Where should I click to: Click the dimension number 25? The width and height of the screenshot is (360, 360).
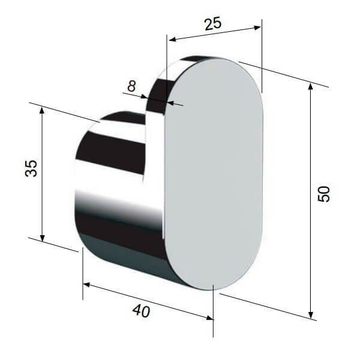click(x=213, y=23)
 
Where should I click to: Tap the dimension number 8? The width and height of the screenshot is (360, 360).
click(x=131, y=86)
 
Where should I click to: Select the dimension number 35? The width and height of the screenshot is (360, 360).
click(x=31, y=168)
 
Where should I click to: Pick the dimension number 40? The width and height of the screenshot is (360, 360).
click(x=141, y=311)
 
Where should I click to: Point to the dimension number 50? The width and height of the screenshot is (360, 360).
click(x=323, y=194)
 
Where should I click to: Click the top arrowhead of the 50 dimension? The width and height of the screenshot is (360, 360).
click(x=311, y=86)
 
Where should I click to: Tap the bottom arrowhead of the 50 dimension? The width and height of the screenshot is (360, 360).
click(x=311, y=316)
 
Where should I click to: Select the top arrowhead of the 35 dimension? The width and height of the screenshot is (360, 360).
click(x=42, y=110)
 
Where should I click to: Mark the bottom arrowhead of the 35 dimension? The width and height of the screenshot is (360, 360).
click(x=42, y=238)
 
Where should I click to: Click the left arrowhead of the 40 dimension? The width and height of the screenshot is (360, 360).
click(x=86, y=285)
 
